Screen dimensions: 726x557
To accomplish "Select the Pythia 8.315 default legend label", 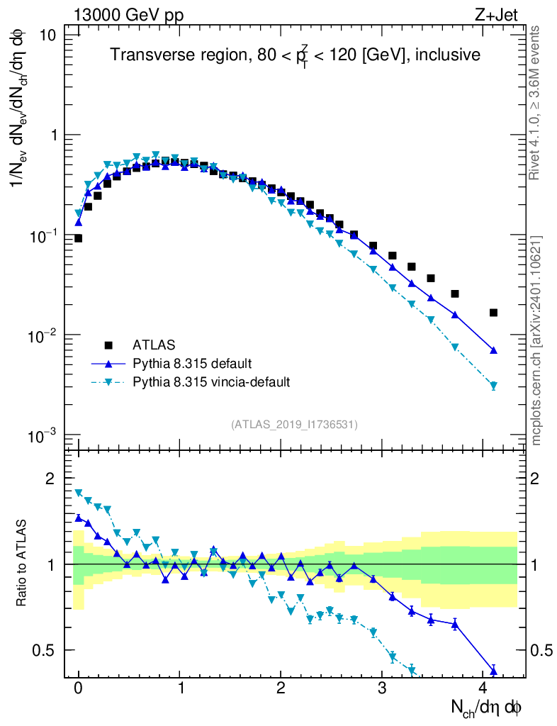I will tap(191, 364).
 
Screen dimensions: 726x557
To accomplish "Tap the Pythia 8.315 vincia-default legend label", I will tap(211, 382).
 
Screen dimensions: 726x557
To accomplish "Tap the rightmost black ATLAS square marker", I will tap(493, 313).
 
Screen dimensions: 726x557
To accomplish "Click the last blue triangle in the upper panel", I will tap(493, 350).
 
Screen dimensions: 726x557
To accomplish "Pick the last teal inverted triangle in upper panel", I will tap(493, 386).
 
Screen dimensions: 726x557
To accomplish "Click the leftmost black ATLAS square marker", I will tap(79, 238).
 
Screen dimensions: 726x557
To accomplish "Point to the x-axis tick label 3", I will tap(382, 688).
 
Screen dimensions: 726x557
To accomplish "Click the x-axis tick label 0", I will tap(79, 688).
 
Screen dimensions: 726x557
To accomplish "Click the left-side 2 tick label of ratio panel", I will tap(50, 479).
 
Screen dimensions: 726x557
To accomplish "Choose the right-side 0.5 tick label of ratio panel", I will tap(541, 650).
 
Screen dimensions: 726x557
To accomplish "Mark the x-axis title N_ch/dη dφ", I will tap(488, 707).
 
